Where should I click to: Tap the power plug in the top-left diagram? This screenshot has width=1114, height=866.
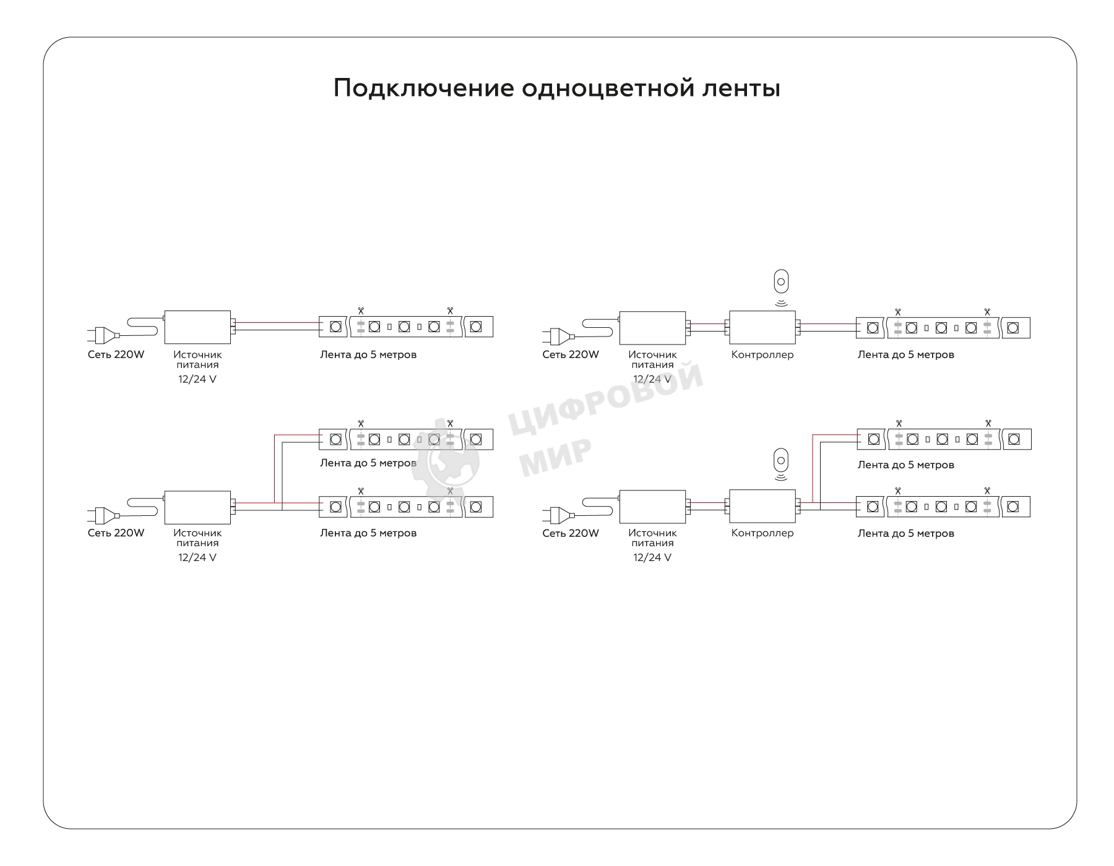point(103,335)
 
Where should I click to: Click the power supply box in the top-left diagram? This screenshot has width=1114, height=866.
point(197,327)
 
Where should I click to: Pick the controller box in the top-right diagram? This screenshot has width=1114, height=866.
point(762,327)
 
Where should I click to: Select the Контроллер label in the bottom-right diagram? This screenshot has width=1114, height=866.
point(762,533)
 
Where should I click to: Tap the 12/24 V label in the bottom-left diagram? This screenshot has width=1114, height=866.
point(197,557)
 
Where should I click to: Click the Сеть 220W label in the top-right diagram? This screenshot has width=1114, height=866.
point(571,354)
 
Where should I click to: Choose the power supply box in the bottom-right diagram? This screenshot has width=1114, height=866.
point(652,507)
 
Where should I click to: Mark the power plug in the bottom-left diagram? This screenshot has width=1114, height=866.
point(103,514)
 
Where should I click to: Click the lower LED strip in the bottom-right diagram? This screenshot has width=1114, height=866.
point(943,507)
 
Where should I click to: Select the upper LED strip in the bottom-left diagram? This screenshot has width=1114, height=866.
point(406,439)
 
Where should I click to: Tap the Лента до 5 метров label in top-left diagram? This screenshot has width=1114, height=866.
point(368,354)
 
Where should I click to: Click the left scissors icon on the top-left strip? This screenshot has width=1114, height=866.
point(361,311)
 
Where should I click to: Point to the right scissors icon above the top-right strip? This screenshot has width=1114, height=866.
point(987,312)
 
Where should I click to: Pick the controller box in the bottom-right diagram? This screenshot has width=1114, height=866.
point(762,507)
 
